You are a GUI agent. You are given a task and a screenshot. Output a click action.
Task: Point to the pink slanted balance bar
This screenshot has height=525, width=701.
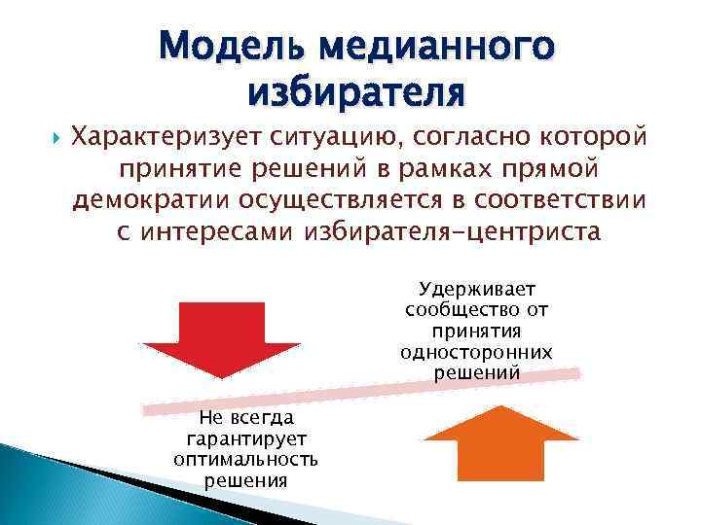(361, 389)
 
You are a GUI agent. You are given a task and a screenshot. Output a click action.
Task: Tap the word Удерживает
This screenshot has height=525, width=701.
(476, 289)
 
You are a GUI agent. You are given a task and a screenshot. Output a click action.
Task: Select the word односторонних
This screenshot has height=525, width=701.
(476, 352)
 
